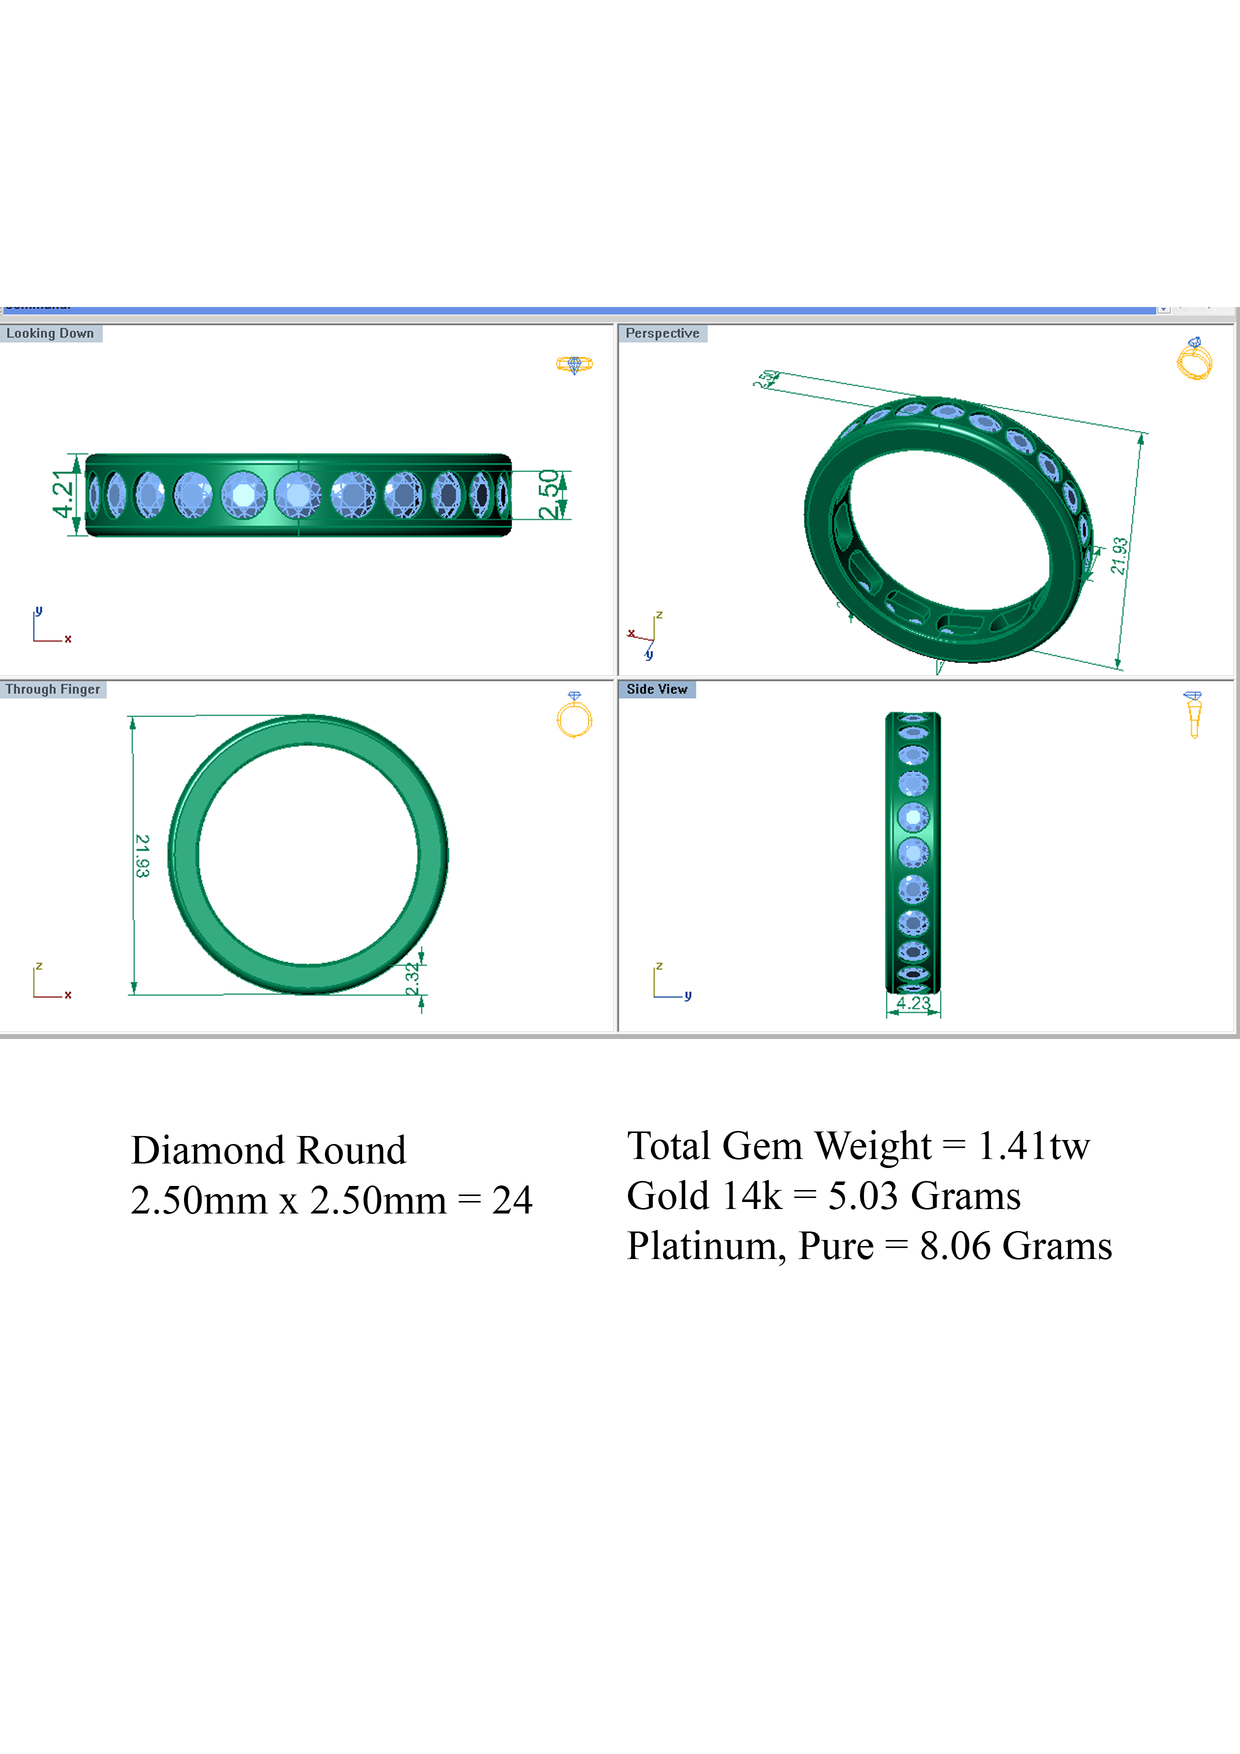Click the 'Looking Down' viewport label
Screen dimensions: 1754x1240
(x=50, y=333)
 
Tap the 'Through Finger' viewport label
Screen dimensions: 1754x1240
(x=52, y=689)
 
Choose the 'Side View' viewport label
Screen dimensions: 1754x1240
(x=656, y=689)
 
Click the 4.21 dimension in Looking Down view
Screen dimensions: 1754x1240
(x=62, y=495)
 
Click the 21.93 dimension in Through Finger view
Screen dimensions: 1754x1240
(x=142, y=855)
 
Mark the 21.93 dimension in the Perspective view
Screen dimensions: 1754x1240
(x=1119, y=556)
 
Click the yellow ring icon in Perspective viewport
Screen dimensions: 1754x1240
(x=1194, y=359)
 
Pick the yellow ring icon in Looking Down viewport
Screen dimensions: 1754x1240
(x=574, y=364)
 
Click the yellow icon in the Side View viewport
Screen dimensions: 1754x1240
(x=1193, y=714)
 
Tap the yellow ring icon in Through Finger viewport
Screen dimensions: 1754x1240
(x=574, y=716)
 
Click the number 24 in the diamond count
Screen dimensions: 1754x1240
(x=512, y=1200)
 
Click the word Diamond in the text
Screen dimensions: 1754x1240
(x=207, y=1150)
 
